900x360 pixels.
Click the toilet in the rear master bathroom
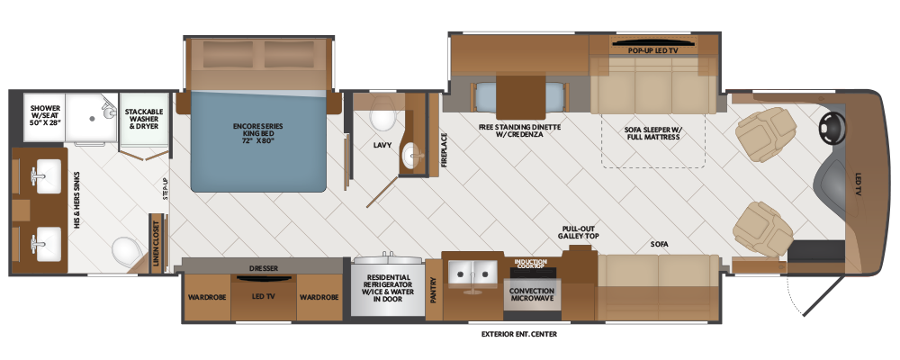(x=126, y=250)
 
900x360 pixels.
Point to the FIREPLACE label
(x=444, y=150)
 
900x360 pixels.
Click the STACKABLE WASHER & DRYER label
(x=144, y=118)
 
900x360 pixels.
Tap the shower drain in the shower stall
(x=91, y=118)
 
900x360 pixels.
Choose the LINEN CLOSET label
(x=156, y=243)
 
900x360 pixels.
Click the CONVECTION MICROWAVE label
(x=532, y=294)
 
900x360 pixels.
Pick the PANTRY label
(x=434, y=290)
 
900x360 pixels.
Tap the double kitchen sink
(x=472, y=273)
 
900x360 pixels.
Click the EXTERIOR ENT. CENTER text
(x=519, y=334)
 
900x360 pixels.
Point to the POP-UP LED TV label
(x=652, y=50)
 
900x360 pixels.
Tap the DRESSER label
(x=264, y=268)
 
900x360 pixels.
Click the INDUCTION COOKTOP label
(x=529, y=264)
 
